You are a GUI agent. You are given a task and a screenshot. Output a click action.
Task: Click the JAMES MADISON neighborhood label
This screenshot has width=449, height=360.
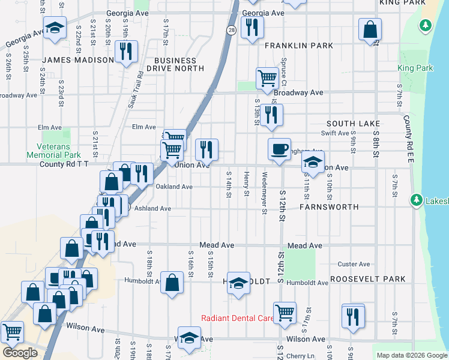click(x=78, y=60)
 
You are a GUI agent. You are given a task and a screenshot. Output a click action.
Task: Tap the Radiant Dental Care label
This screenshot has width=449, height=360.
click(x=237, y=318)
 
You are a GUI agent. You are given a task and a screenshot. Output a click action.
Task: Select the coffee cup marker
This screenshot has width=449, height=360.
click(x=279, y=150)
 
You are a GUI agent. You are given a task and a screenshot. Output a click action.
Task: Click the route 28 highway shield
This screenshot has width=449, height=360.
click(x=231, y=29)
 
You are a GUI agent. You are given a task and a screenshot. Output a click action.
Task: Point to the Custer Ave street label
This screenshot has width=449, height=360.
click(x=354, y=264)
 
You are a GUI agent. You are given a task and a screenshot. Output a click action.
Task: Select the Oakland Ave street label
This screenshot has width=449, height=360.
click(x=174, y=187)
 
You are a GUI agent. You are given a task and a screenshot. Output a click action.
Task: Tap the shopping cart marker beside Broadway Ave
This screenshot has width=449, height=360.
click(x=267, y=77)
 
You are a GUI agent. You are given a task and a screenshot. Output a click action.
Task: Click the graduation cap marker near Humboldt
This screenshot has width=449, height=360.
click(x=238, y=283)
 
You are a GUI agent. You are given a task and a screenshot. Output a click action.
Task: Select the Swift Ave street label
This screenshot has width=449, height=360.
click(x=335, y=133)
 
